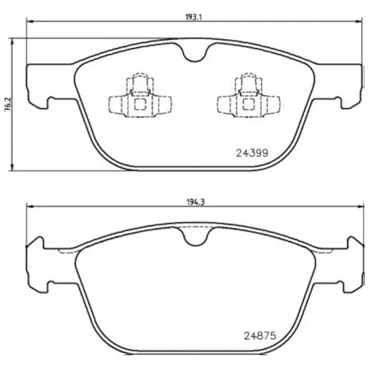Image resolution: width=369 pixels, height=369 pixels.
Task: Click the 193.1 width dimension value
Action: point(193,18)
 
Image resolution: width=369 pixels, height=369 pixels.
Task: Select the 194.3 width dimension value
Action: point(195,202)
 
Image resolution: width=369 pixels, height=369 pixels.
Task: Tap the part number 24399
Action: point(252,154)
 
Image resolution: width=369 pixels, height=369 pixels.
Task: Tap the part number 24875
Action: point(260,336)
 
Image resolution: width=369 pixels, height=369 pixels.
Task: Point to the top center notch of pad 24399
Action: point(195,53)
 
